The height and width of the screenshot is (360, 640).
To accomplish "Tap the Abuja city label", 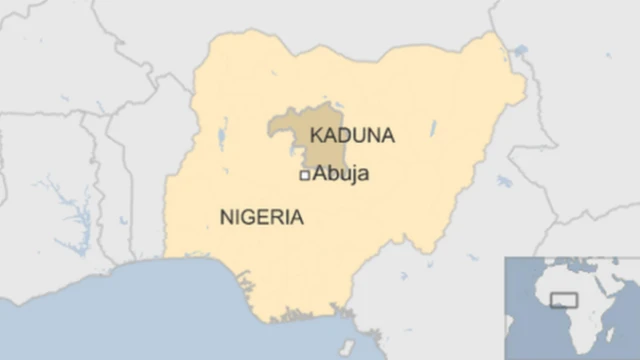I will [x=341, y=174].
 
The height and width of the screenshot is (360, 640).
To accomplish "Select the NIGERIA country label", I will [x=261, y=217].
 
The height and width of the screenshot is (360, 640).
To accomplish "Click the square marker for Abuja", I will [x=305, y=175].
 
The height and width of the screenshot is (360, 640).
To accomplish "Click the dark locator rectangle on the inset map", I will [x=564, y=300].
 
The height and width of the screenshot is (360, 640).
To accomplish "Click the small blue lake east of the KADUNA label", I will [x=433, y=129].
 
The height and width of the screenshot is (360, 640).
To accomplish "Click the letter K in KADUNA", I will [x=316, y=135].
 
